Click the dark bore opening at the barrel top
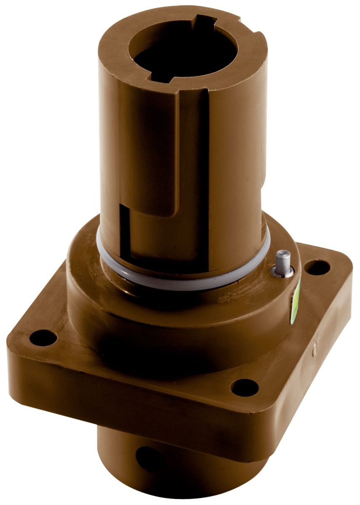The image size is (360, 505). point(181,50)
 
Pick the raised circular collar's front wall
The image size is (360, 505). point(168,320)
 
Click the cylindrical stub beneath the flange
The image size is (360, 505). point(189,467)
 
